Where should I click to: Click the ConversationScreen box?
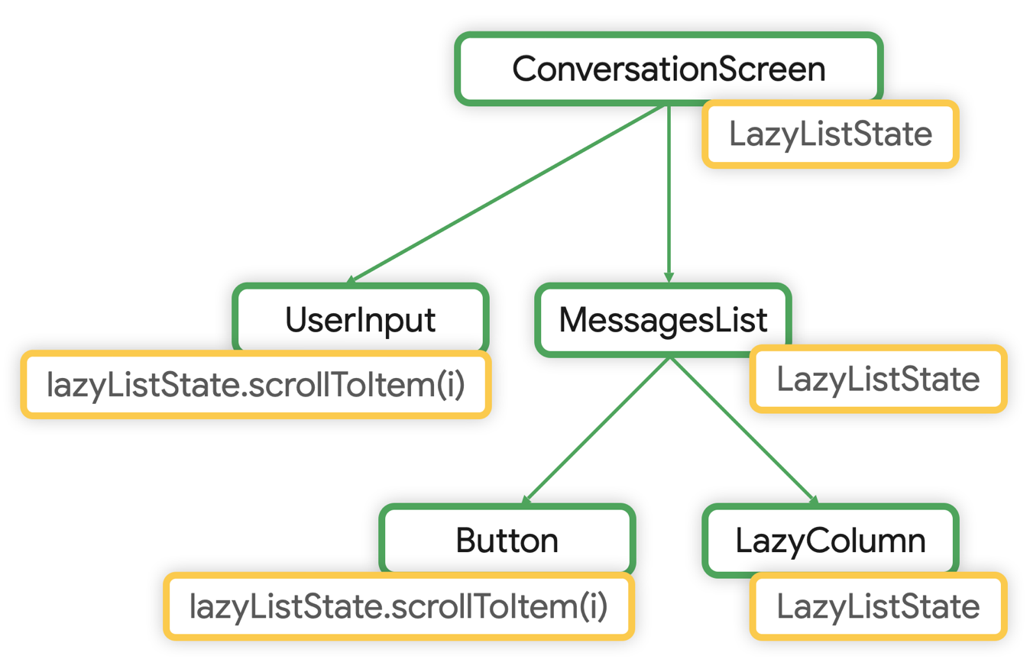[x=669, y=69]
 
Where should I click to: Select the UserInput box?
[x=360, y=319]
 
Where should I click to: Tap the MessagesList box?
[x=662, y=320]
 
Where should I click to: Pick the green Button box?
[x=507, y=541]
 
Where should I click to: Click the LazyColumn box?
[x=830, y=541]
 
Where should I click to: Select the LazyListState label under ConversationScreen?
[x=830, y=134]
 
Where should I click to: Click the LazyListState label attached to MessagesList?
[x=877, y=380]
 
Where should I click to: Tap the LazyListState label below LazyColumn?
[x=877, y=607]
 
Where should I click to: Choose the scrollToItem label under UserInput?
[x=255, y=384]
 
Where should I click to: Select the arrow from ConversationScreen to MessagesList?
[x=669, y=191]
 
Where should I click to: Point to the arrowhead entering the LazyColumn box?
[x=813, y=499]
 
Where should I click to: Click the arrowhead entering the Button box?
[x=526, y=499]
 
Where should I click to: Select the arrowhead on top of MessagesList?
[x=669, y=279]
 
